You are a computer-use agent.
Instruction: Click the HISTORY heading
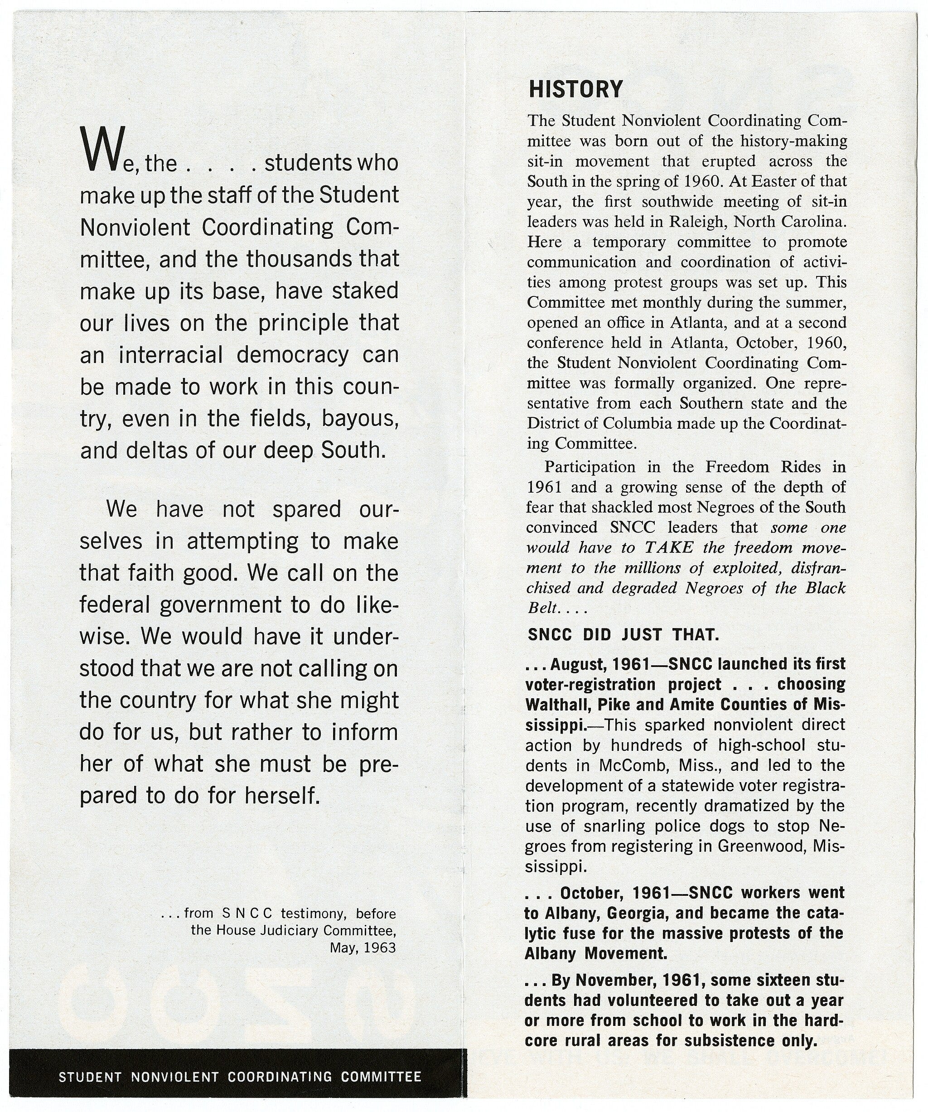pos(575,89)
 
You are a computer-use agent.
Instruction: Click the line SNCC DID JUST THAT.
pos(623,635)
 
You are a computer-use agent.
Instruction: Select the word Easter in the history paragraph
pos(776,181)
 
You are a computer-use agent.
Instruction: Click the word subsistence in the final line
pos(730,1041)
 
